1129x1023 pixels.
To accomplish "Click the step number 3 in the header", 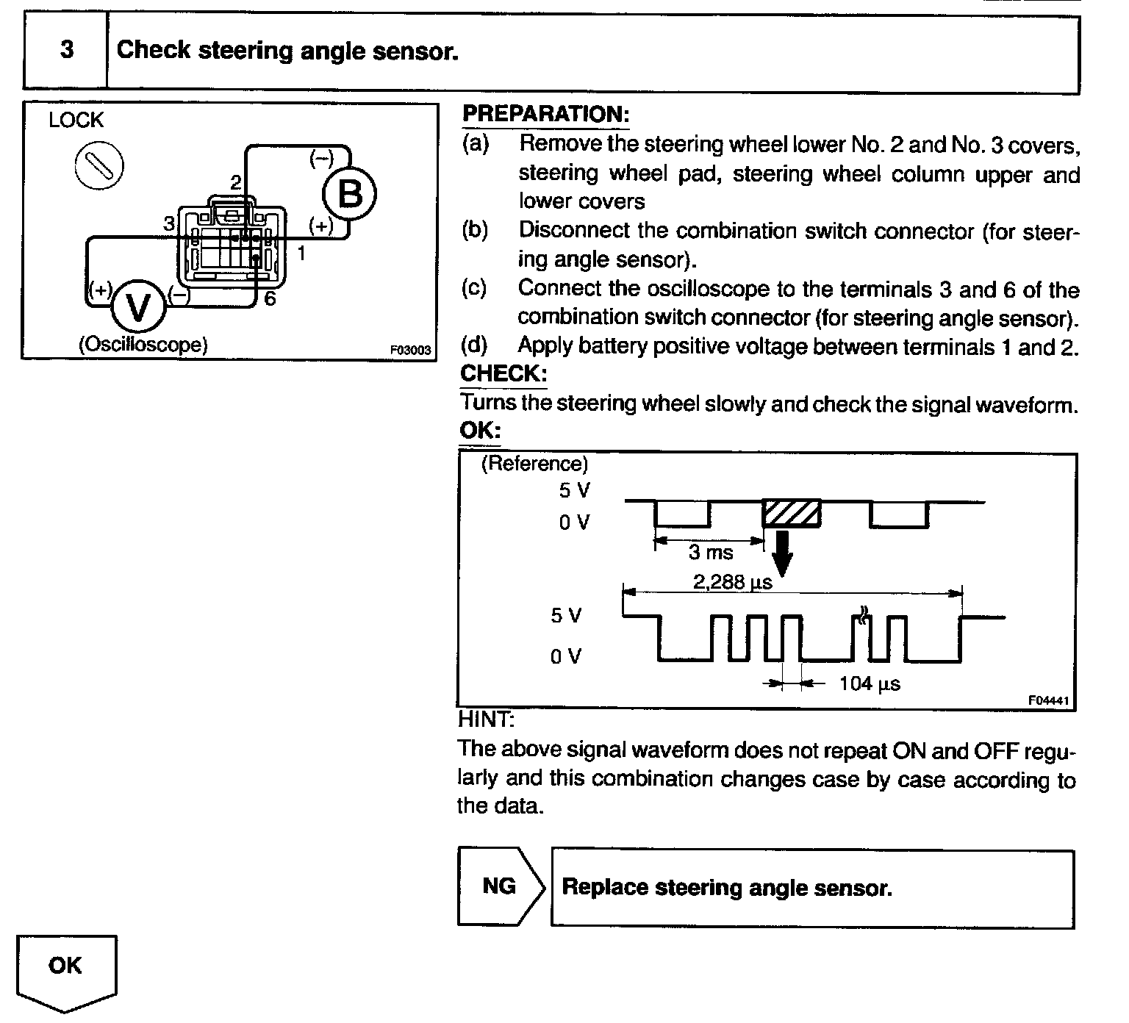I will point(66,50).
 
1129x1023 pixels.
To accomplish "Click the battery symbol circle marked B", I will point(350,195).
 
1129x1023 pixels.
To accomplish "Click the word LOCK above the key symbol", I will point(76,120).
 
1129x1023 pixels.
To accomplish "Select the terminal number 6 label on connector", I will point(270,299).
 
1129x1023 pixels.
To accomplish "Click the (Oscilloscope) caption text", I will point(143,344).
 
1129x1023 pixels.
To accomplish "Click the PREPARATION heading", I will point(545,114).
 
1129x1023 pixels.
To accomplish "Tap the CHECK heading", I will point(503,373).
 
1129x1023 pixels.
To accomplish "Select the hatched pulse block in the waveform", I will point(792,513).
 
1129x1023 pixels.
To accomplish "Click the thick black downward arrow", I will point(784,551).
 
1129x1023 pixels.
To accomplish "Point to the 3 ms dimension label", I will point(711,553).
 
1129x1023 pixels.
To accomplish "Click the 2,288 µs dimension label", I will point(733,582).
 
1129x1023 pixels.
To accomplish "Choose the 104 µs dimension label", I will point(870,683).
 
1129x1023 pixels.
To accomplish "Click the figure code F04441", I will point(1050,701).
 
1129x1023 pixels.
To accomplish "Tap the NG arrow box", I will point(501,886).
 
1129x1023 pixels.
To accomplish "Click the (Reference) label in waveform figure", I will point(534,464).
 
